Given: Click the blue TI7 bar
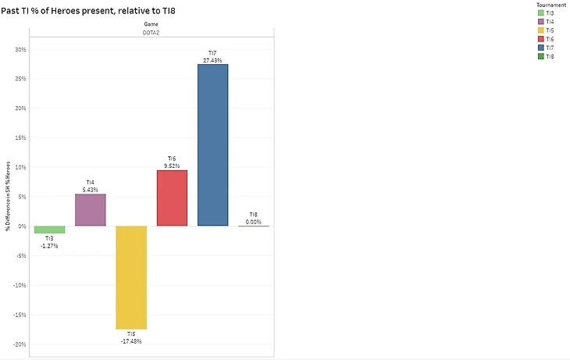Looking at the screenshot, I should pyautogui.click(x=212, y=144).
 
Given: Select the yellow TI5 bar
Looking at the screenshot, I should pyautogui.click(x=131, y=277).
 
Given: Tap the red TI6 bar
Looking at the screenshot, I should pyautogui.click(x=172, y=198).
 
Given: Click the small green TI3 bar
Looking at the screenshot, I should pyautogui.click(x=49, y=230).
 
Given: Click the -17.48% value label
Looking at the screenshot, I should pyautogui.click(x=131, y=341).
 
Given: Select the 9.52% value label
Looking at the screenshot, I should pyautogui.click(x=172, y=166).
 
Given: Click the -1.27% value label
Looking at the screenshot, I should pyautogui.click(x=49, y=245).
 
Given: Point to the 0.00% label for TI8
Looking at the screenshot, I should pyautogui.click(x=253, y=222).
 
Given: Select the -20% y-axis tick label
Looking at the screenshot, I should pyautogui.click(x=20, y=344).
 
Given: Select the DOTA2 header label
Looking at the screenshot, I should pyautogui.click(x=151, y=32).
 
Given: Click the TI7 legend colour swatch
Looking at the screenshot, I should pyautogui.click(x=540, y=47).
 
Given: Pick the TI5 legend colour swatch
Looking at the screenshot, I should pyautogui.click(x=540, y=30).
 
